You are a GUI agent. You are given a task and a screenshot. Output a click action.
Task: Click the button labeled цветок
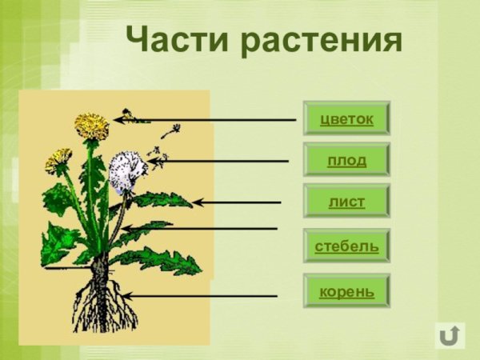(346, 118)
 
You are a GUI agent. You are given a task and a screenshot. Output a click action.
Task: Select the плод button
(346, 160)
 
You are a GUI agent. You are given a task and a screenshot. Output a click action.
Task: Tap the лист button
(346, 202)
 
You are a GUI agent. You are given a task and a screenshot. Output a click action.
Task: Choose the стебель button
(346, 246)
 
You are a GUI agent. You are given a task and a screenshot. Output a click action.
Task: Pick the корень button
(346, 291)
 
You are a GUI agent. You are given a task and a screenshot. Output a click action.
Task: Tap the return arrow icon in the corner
(450, 334)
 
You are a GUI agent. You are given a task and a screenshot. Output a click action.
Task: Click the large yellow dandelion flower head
(92, 125)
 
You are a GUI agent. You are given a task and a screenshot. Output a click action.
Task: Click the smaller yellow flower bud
(58, 160)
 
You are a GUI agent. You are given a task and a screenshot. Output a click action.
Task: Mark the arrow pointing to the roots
(200, 296)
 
